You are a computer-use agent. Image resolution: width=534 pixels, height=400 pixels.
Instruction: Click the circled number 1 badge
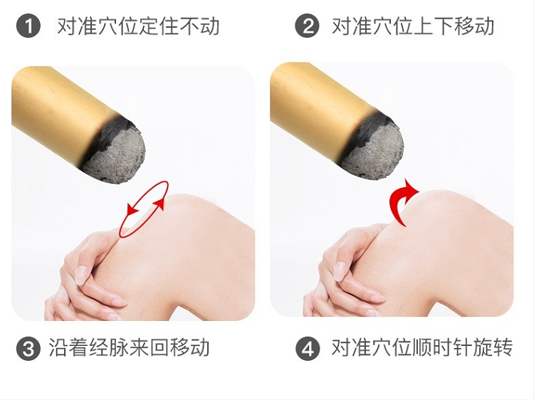(28, 26)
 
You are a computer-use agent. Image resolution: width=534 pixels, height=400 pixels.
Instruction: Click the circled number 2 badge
(307, 26)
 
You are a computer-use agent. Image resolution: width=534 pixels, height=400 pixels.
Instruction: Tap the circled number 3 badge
(28, 348)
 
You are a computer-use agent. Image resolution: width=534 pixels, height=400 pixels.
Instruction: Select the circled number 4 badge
(308, 348)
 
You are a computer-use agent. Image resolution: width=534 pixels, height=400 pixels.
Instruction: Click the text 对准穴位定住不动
(138, 26)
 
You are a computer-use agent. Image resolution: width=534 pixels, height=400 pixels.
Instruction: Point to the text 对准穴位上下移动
(413, 26)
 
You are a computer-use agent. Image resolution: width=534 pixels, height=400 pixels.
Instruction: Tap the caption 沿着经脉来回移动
(129, 347)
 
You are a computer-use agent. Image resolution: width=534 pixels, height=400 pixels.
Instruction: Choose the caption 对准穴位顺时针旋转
(422, 347)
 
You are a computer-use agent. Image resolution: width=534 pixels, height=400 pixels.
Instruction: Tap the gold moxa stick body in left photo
(58, 109)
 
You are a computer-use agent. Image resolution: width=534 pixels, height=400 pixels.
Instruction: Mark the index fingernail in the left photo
(81, 275)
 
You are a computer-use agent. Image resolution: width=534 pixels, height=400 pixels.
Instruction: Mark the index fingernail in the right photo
(340, 271)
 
